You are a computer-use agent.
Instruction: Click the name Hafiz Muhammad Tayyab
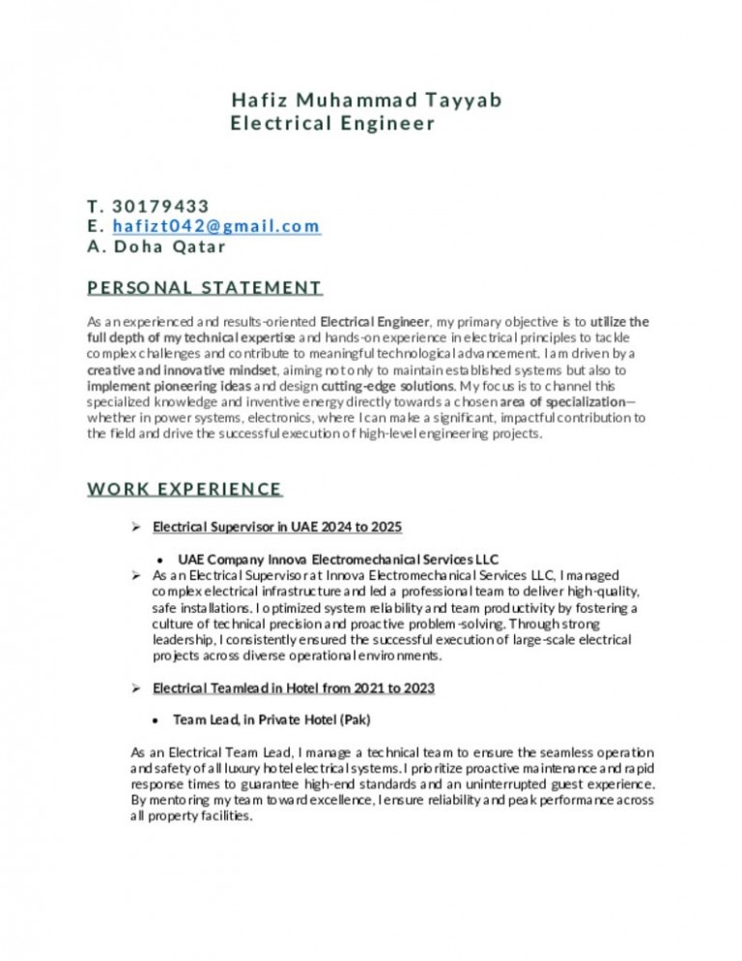point(367,101)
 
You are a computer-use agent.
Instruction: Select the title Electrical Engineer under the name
point(333,124)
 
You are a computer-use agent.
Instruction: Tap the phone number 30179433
point(160,206)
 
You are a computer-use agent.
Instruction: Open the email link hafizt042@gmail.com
point(216,226)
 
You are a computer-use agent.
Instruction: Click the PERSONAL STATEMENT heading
point(204,287)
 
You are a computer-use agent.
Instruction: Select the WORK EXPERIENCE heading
point(185,489)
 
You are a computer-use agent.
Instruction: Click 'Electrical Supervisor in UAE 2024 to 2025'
point(277,527)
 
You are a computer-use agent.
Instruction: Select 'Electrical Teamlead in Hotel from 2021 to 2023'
point(293,688)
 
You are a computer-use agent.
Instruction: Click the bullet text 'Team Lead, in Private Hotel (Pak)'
point(271,720)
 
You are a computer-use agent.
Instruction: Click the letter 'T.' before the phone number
point(94,206)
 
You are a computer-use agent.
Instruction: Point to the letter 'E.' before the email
point(94,226)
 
